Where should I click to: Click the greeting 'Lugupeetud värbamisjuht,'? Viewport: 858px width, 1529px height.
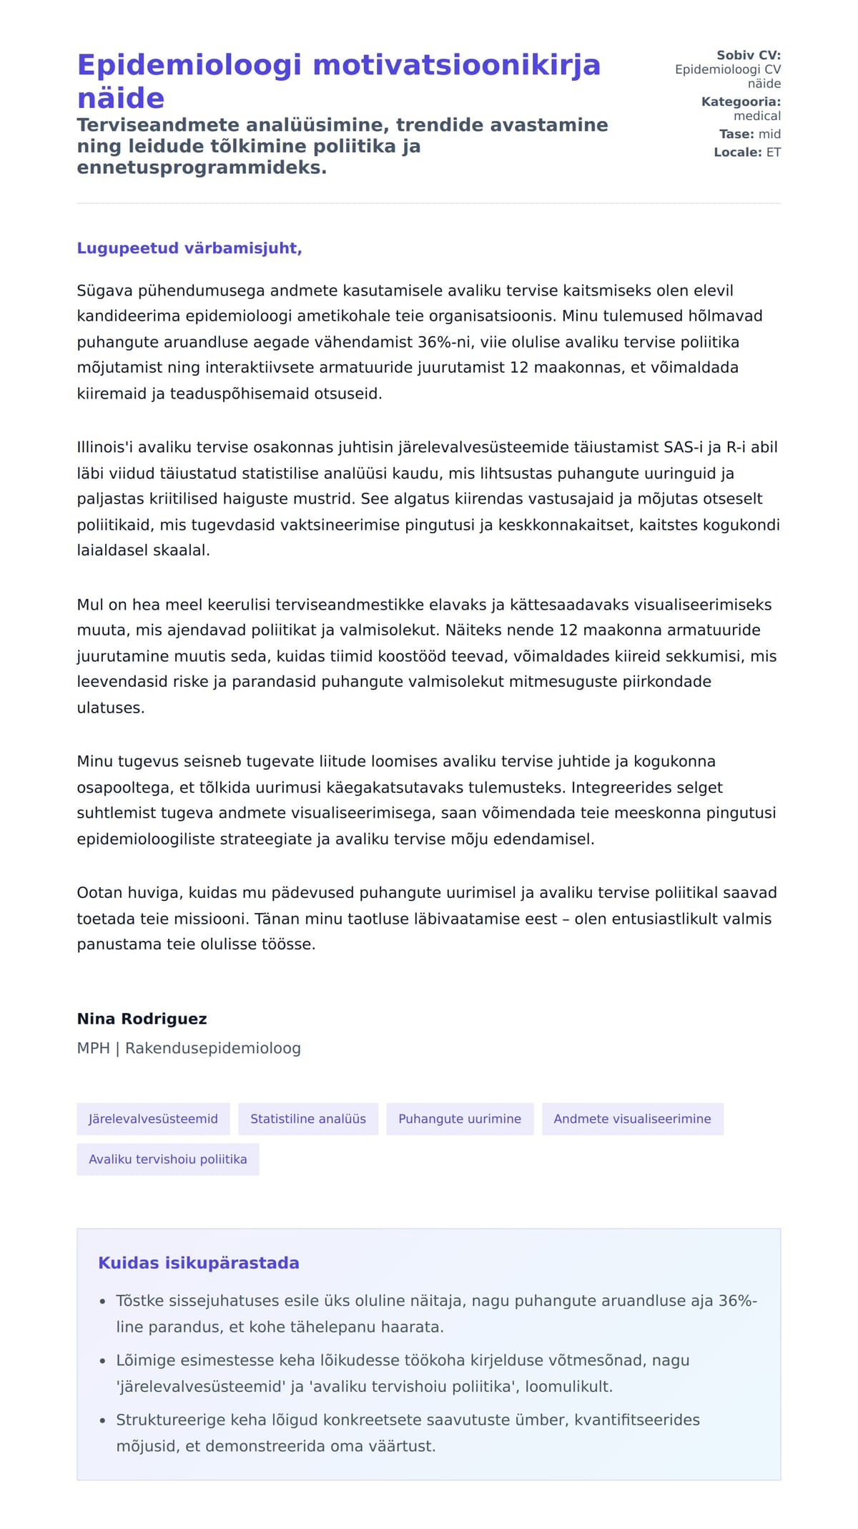click(x=189, y=248)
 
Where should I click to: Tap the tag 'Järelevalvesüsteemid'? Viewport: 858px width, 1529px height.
click(x=153, y=1119)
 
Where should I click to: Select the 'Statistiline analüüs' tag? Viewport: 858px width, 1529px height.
click(x=308, y=1119)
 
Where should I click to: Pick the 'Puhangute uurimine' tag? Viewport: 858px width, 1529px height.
click(x=460, y=1119)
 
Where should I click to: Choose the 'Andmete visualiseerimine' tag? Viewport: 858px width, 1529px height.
click(x=632, y=1119)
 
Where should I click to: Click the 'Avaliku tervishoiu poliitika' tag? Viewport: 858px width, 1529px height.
click(x=168, y=1159)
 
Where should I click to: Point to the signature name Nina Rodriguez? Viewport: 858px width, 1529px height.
click(x=142, y=1019)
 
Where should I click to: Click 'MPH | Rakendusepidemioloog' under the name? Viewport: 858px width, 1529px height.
click(x=189, y=1048)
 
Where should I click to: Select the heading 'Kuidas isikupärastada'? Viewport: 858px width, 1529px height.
click(x=198, y=1263)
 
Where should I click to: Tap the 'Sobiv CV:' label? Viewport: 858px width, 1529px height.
click(x=749, y=55)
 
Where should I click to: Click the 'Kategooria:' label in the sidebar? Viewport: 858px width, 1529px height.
click(x=741, y=102)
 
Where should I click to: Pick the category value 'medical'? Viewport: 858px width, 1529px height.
click(x=757, y=116)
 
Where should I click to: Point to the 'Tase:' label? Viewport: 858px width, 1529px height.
click(x=736, y=134)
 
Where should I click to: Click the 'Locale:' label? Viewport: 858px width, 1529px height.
click(x=737, y=152)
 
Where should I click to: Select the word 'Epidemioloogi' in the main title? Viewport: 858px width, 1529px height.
click(x=189, y=65)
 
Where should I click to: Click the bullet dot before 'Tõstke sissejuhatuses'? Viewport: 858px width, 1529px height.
click(x=103, y=1302)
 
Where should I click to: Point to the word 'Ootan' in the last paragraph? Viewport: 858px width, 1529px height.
click(x=99, y=893)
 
